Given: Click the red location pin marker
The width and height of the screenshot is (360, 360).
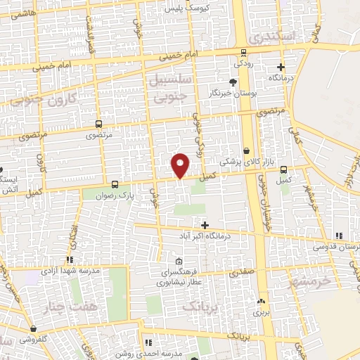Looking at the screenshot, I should (181, 165).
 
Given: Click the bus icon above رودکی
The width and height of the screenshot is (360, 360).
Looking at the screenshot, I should (244, 51).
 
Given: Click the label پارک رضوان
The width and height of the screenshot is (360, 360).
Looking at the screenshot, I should (117, 193).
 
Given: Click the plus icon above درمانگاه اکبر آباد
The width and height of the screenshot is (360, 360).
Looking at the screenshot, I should (205, 226).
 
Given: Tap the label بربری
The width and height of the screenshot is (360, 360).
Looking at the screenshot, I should (262, 310).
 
